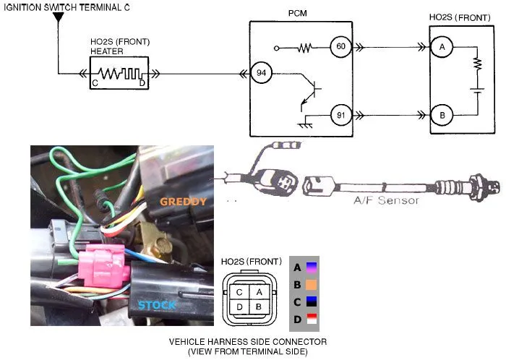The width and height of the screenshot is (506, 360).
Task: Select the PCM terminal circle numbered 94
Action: (x=260, y=73)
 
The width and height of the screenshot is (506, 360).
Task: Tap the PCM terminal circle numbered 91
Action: (x=340, y=113)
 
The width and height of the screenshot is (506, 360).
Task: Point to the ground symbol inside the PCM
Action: (x=304, y=124)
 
